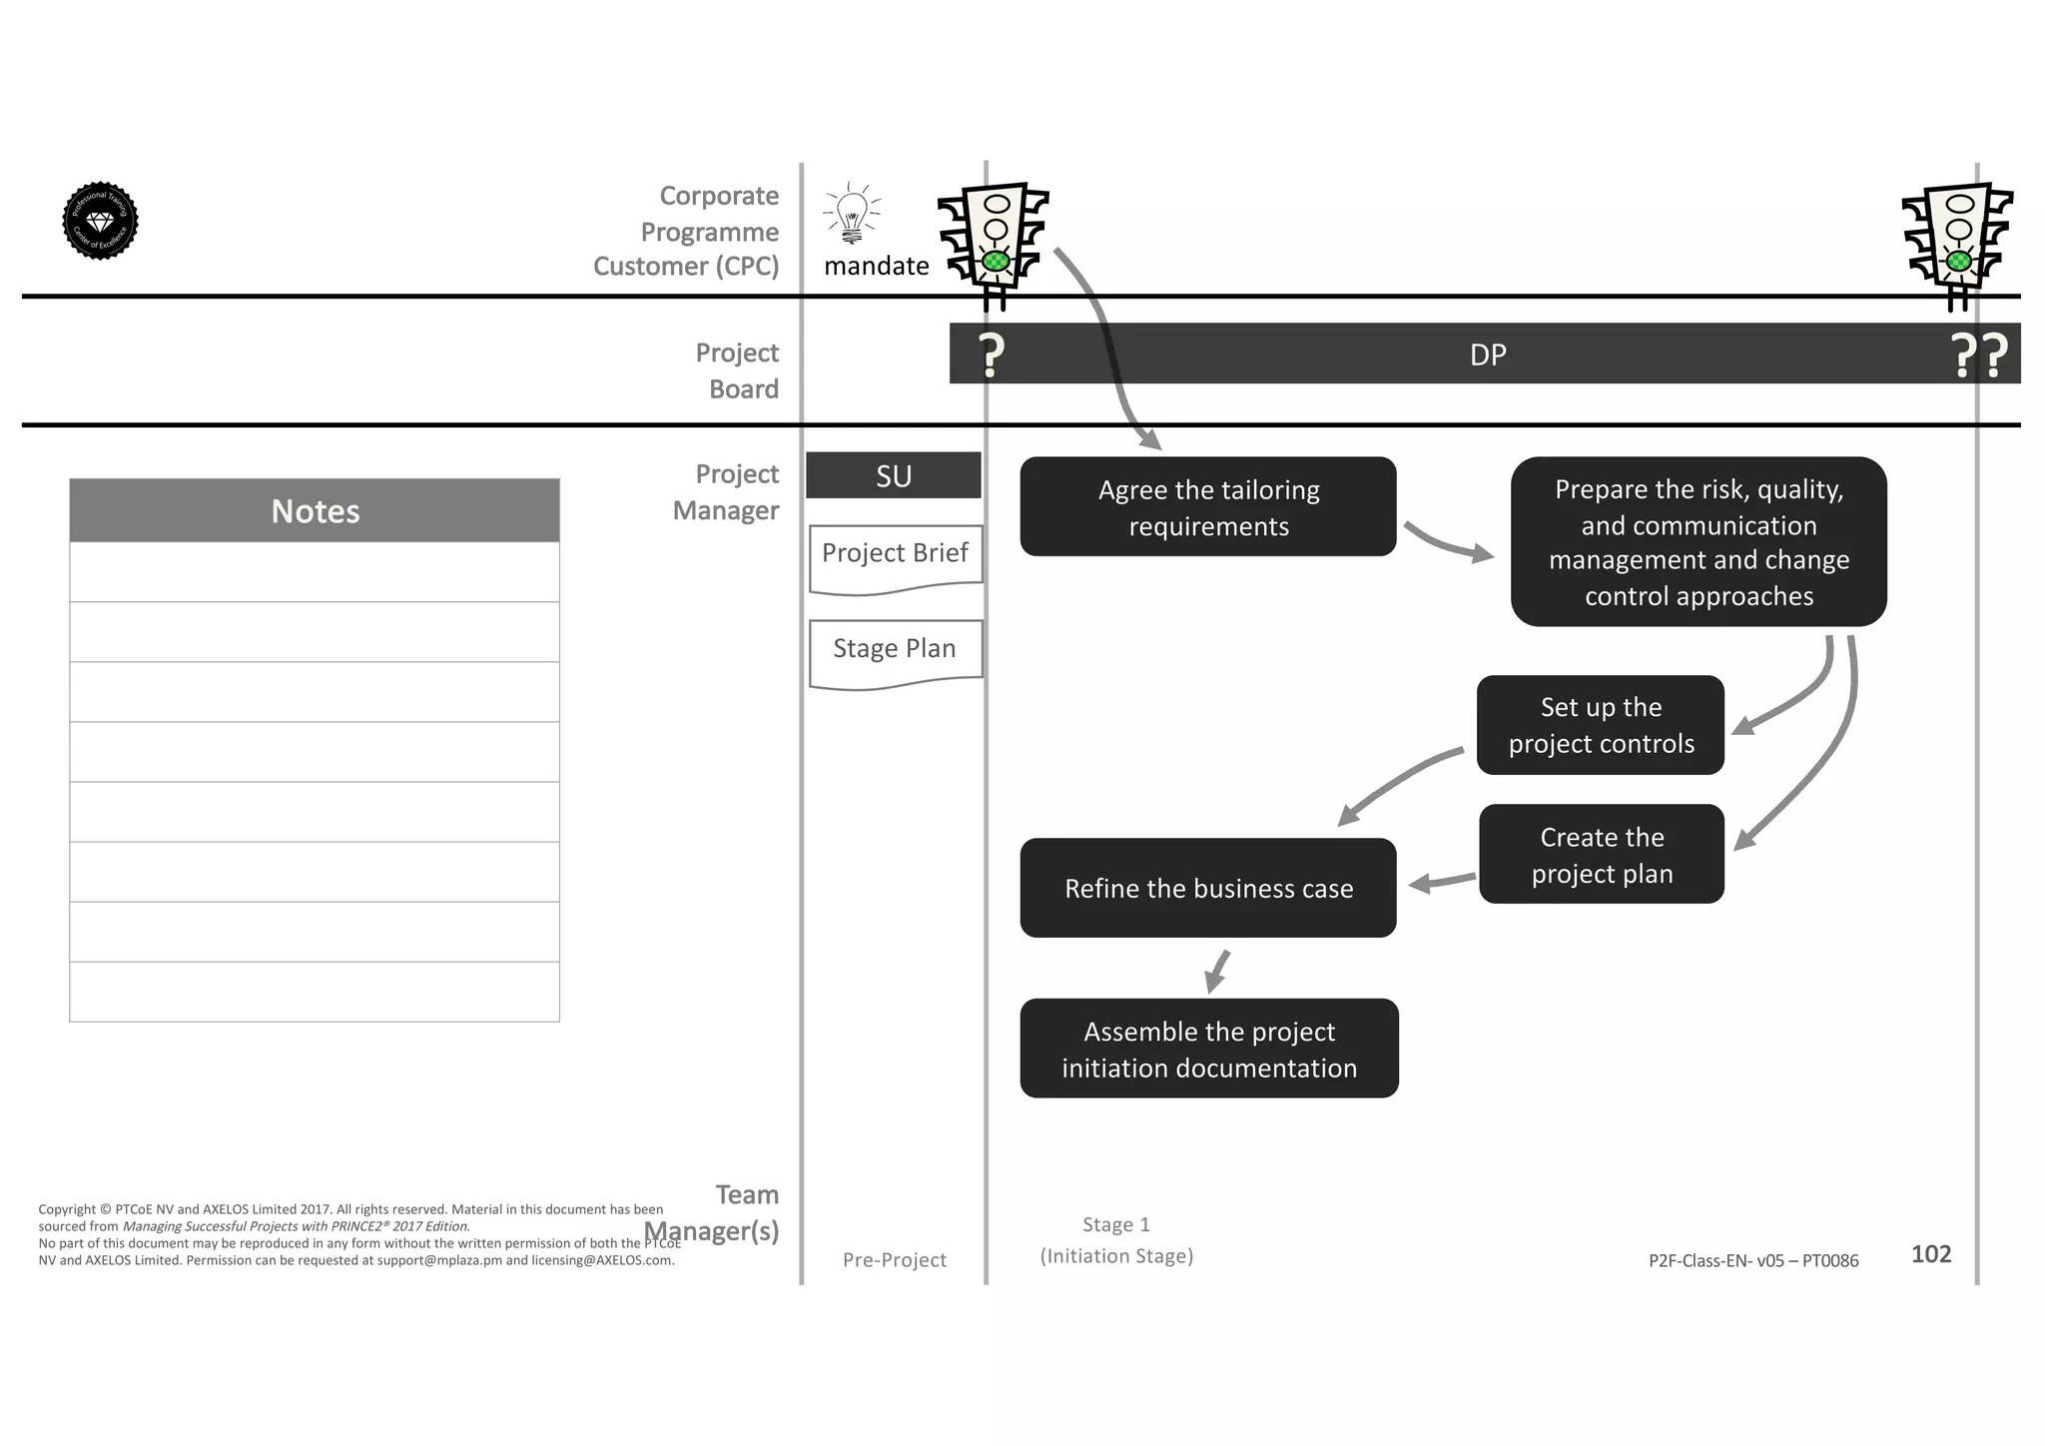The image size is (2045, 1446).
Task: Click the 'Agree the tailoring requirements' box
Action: click(1207, 506)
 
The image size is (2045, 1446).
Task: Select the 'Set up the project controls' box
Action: click(1600, 725)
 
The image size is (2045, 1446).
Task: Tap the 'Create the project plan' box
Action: click(1601, 854)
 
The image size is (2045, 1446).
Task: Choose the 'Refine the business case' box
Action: click(1207, 888)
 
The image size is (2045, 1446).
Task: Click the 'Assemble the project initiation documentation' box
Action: click(1208, 1049)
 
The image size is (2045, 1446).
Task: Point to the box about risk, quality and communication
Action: click(1698, 541)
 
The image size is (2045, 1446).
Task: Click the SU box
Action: click(893, 475)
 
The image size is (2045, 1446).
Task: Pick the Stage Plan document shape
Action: click(895, 652)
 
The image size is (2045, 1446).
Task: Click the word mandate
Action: click(876, 266)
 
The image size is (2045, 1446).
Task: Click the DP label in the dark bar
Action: click(1487, 355)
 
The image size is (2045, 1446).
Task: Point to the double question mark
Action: click(1978, 356)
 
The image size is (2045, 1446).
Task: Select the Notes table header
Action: click(315, 510)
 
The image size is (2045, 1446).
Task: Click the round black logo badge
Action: click(100, 221)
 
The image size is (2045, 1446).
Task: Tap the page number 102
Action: click(1930, 1254)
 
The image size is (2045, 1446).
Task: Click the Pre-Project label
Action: click(894, 1260)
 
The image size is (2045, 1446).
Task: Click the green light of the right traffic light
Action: click(1958, 262)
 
